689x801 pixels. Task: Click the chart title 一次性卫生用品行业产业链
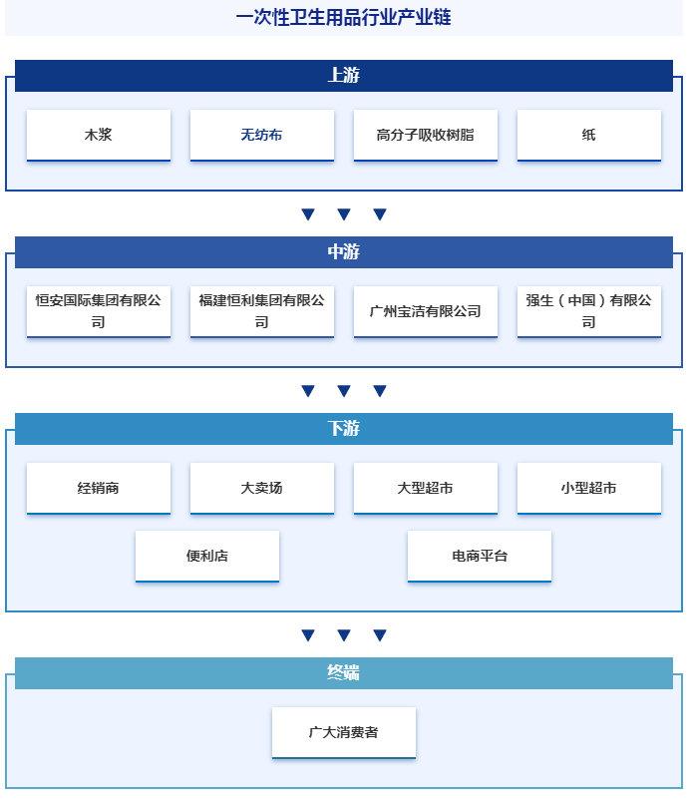343,17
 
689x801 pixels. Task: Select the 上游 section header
344,76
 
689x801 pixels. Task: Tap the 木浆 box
99,136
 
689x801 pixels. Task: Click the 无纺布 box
262,136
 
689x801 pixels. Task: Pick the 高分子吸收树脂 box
426,136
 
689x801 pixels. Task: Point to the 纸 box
589,136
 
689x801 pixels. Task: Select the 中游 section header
344,251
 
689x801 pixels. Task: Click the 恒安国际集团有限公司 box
99,311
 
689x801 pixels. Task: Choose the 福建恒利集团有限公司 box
262,311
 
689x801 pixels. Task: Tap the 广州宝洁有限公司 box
426,311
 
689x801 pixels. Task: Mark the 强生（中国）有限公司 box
589,311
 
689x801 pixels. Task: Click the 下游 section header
344,429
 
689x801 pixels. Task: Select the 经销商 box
99,489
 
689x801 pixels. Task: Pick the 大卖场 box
262,489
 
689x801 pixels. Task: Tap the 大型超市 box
426,489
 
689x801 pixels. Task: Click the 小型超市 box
589,489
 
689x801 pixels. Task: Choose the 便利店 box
207,557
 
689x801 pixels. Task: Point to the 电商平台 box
480,557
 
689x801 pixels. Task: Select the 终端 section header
344,672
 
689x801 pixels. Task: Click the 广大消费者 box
344,733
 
